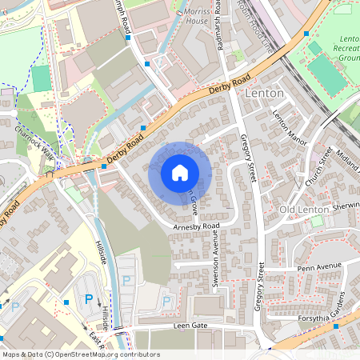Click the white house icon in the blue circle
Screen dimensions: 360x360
point(180,173)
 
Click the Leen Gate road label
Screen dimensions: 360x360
point(190,326)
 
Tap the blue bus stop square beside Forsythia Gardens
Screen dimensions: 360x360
point(336,326)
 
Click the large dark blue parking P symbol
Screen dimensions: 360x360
point(89,299)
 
